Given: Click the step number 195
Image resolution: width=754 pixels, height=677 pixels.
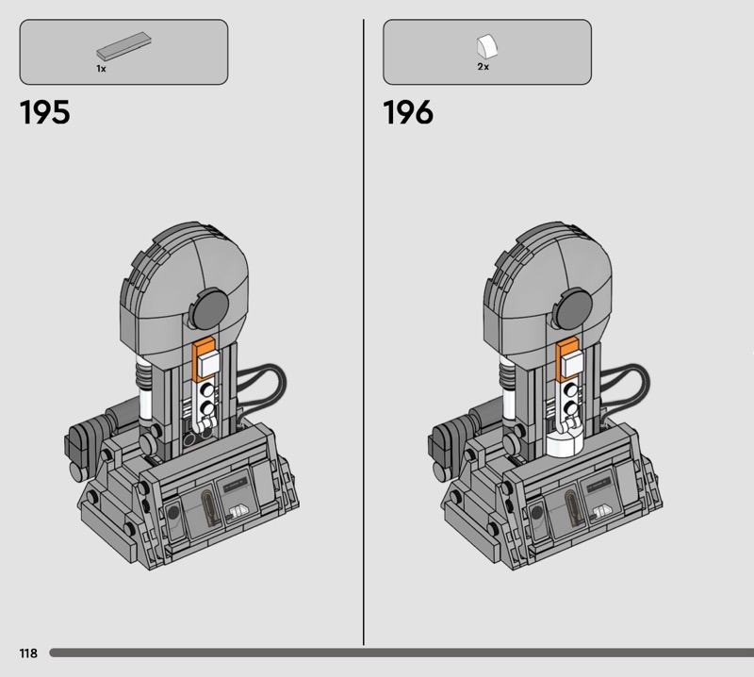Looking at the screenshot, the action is [44, 112].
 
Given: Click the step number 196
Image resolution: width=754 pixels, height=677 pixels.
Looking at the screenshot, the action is [408, 112].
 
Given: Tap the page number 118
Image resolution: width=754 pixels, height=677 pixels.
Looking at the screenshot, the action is [28, 652].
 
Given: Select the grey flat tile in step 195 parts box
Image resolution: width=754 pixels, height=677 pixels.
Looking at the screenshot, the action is [124, 45].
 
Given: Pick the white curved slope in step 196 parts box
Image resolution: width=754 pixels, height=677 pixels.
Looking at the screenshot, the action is [487, 46].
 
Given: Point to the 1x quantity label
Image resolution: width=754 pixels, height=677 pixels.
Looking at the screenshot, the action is [101, 69].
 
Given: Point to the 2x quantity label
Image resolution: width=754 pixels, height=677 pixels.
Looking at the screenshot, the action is [484, 67].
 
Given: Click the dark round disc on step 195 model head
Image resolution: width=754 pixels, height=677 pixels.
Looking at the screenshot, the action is [209, 308].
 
